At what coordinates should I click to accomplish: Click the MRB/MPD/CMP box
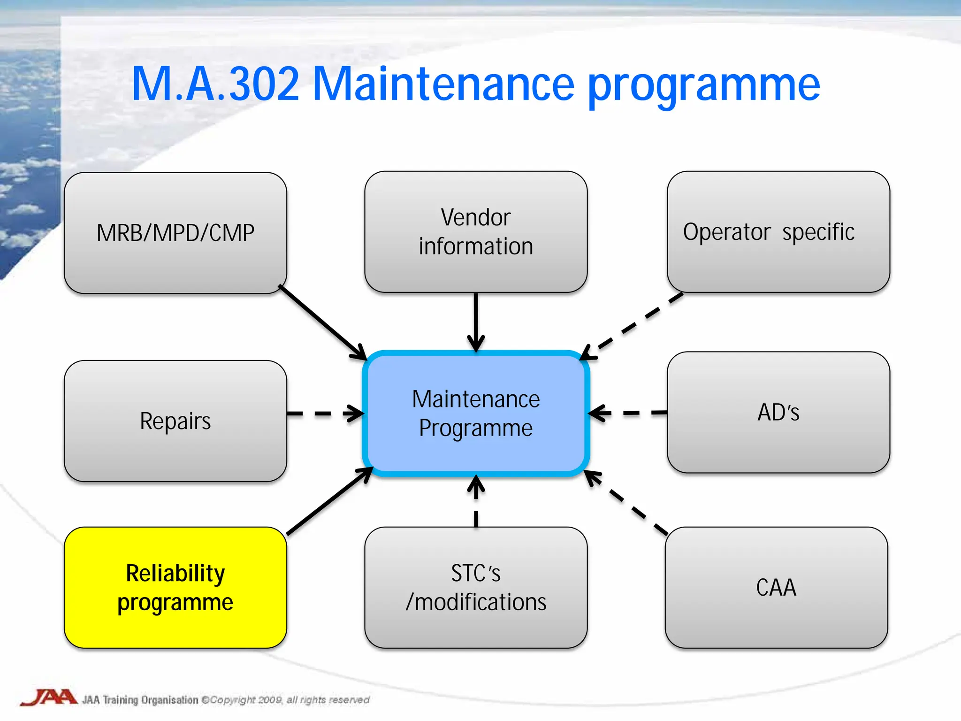pyautogui.click(x=175, y=233)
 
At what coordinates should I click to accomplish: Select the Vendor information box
pyautogui.click(x=475, y=232)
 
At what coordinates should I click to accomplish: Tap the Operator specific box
pyautogui.click(x=778, y=232)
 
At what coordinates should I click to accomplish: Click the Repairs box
pyautogui.click(x=175, y=421)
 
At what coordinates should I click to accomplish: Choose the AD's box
pyautogui.click(x=778, y=412)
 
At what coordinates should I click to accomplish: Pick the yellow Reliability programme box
pyautogui.click(x=175, y=587)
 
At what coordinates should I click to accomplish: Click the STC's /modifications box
pyautogui.click(x=475, y=587)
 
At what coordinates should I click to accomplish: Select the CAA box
pyautogui.click(x=776, y=587)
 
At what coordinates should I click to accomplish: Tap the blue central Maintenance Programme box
pyautogui.click(x=475, y=413)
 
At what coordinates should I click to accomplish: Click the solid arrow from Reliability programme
pyautogui.click(x=328, y=502)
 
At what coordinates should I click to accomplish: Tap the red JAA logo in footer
pyautogui.click(x=49, y=698)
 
